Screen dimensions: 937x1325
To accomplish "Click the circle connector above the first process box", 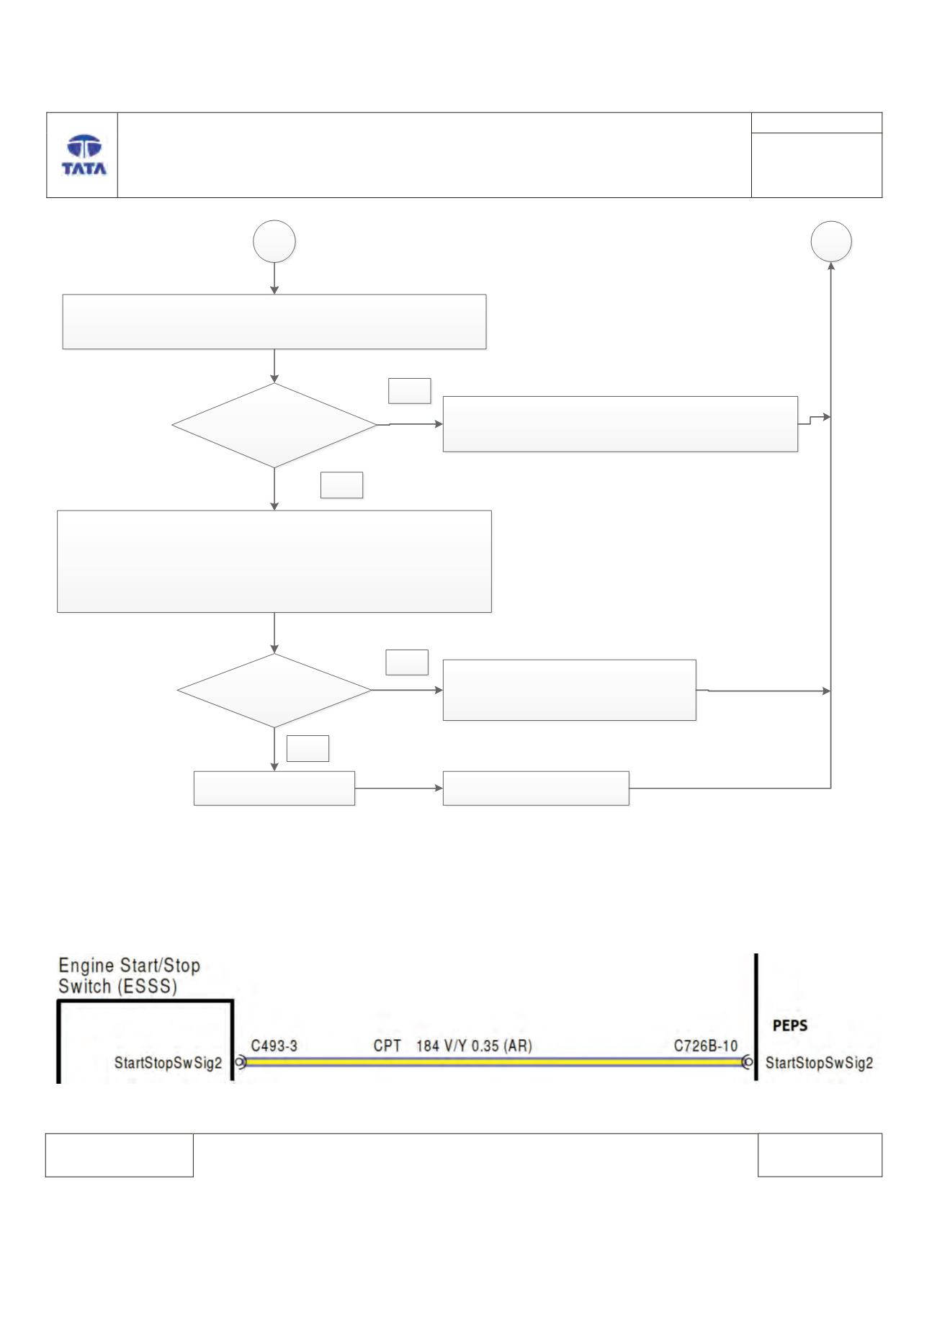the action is tap(274, 242).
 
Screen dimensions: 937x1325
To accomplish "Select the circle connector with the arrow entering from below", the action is tap(831, 242).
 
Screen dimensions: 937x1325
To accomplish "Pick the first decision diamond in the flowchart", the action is tap(274, 425).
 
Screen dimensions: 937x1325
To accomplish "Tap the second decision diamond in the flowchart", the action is tap(274, 691).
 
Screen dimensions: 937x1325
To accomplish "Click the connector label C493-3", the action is tap(274, 1046).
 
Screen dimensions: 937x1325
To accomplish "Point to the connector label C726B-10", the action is tap(706, 1046).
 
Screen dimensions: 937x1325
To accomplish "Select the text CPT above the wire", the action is tap(387, 1046).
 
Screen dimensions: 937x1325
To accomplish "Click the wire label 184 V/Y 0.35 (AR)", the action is tap(474, 1046).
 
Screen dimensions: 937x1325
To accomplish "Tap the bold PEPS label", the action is tap(789, 1026).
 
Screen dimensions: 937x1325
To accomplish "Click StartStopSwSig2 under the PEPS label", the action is tap(819, 1063).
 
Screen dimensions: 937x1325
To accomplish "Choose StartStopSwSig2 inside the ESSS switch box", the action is tap(168, 1063).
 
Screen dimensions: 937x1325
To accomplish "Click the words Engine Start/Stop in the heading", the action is tap(130, 965).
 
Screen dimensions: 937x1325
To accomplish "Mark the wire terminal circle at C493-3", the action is tap(241, 1061).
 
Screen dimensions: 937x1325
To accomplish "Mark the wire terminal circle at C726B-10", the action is tap(748, 1061).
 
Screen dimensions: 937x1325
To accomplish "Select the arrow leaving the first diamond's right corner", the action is tap(410, 425).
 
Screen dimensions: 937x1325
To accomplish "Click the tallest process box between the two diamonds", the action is tap(274, 562).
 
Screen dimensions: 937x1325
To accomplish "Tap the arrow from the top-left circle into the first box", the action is tap(274, 279).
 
